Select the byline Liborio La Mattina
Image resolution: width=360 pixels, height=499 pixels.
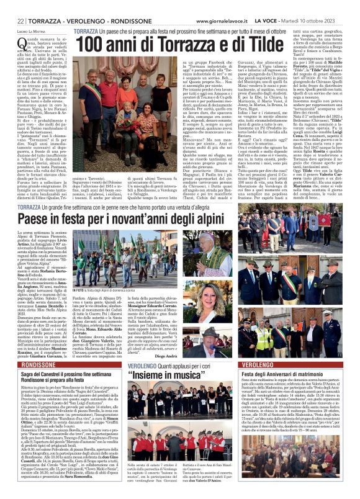32,30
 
